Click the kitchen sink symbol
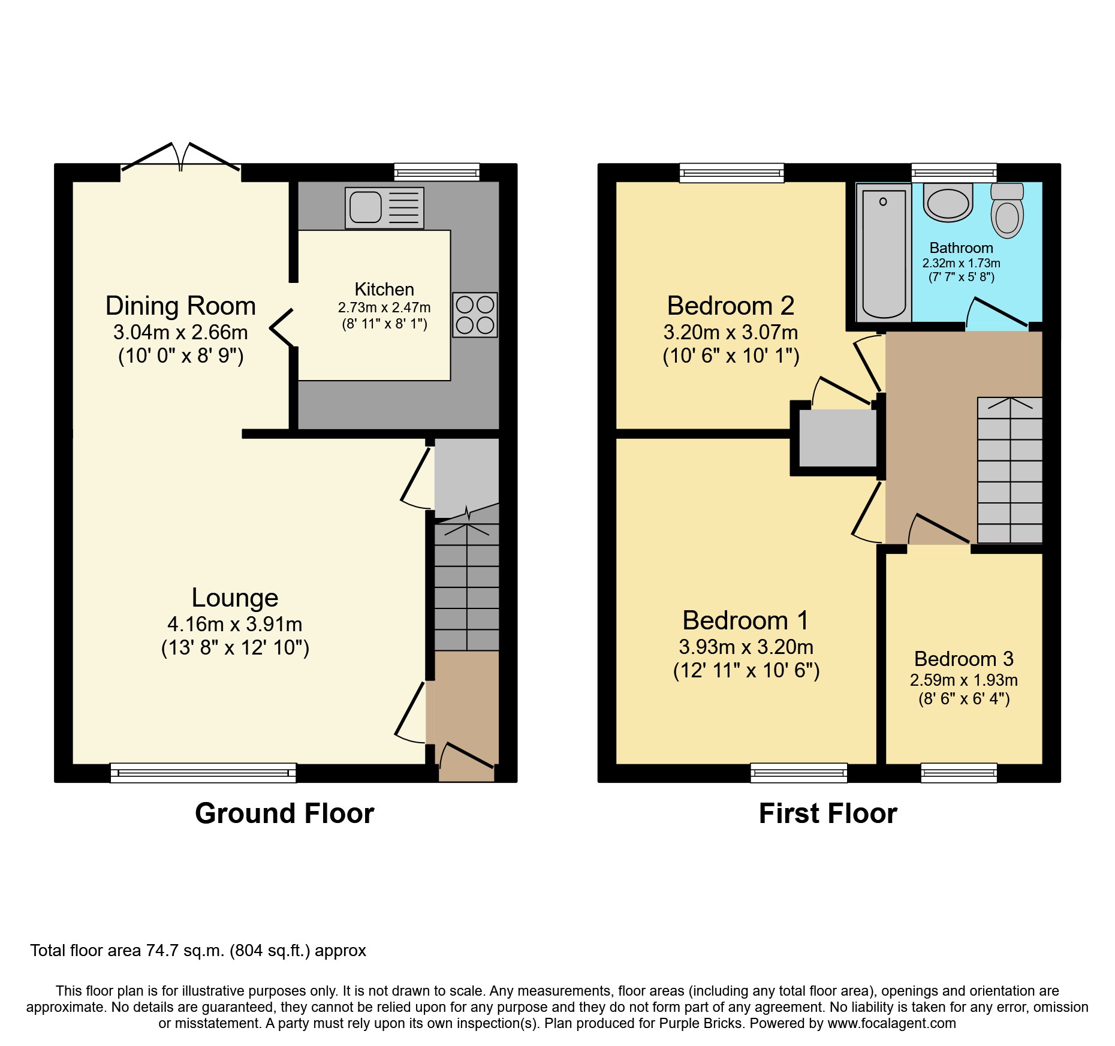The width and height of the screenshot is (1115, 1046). [384, 207]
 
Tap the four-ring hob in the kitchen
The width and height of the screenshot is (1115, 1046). [475, 315]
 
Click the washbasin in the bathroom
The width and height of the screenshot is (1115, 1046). [948, 203]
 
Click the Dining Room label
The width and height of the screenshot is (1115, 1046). [180, 306]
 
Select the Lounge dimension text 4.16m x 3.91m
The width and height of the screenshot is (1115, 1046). [234, 624]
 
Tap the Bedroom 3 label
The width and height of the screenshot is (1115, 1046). [963, 659]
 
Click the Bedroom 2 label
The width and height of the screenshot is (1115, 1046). [730, 306]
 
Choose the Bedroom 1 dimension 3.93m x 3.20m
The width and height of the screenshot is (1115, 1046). [746, 647]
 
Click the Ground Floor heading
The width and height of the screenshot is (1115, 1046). [284, 813]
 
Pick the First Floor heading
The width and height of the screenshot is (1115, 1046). [827, 813]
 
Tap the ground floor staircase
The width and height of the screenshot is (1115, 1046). [466, 587]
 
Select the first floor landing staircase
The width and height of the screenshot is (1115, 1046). [1009, 471]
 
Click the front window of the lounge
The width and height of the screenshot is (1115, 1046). [203, 773]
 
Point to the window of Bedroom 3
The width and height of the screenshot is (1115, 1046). [959, 773]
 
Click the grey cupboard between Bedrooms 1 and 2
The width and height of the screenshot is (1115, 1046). [837, 439]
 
